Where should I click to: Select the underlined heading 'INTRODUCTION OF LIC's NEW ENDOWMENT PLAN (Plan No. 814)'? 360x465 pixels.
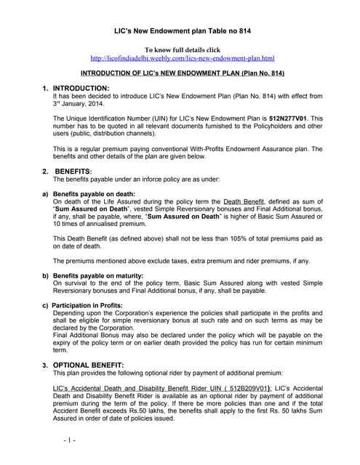[x=182, y=74]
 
